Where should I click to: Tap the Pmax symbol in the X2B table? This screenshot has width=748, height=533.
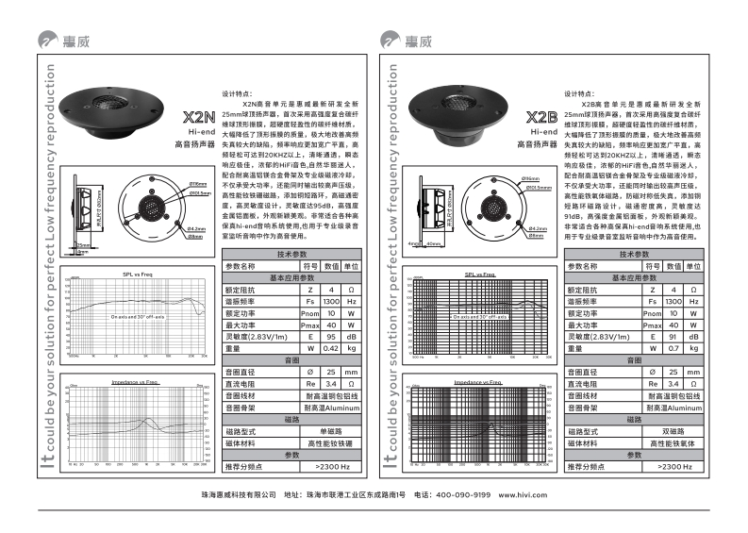[653, 325]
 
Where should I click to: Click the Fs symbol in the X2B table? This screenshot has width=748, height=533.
[653, 300]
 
